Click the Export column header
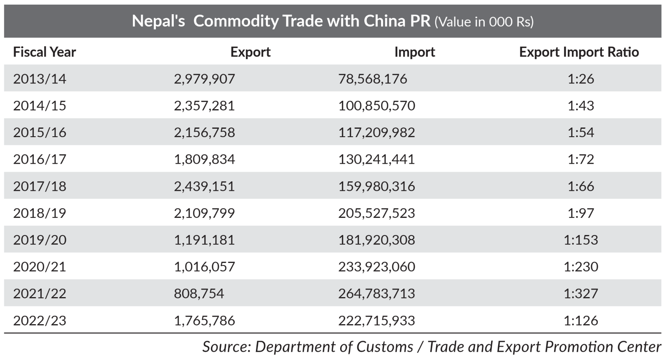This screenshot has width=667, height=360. pyautogui.click(x=250, y=52)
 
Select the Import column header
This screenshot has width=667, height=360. pyautogui.click(x=414, y=52)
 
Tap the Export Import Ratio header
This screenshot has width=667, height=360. pyautogui.click(x=579, y=52)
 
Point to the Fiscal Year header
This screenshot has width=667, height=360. pyautogui.click(x=45, y=52)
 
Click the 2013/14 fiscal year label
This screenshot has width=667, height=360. pyautogui.click(x=40, y=79)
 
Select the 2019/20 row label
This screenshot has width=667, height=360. pyautogui.click(x=40, y=240)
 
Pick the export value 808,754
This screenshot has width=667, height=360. pyautogui.click(x=199, y=294)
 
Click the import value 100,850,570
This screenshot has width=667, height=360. pyautogui.click(x=376, y=106)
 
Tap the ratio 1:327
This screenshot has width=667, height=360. pyautogui.click(x=581, y=294)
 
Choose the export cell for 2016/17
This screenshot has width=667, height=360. pyautogui.click(x=204, y=160)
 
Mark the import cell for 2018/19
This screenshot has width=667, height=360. pyautogui.click(x=376, y=213)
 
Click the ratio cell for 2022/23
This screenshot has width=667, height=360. pyautogui.click(x=581, y=320)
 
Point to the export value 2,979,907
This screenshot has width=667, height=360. pyautogui.click(x=204, y=79)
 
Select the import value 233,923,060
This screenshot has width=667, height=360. pyautogui.click(x=376, y=267)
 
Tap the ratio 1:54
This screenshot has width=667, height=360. pyautogui.click(x=581, y=132)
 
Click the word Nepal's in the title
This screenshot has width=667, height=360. pyautogui.click(x=158, y=21)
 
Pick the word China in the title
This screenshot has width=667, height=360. pyautogui.click(x=383, y=21)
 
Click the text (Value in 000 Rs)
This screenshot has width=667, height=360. pyautogui.click(x=484, y=22)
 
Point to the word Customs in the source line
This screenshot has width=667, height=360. pyautogui.click(x=384, y=347)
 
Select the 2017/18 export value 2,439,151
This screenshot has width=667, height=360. pyautogui.click(x=204, y=186)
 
